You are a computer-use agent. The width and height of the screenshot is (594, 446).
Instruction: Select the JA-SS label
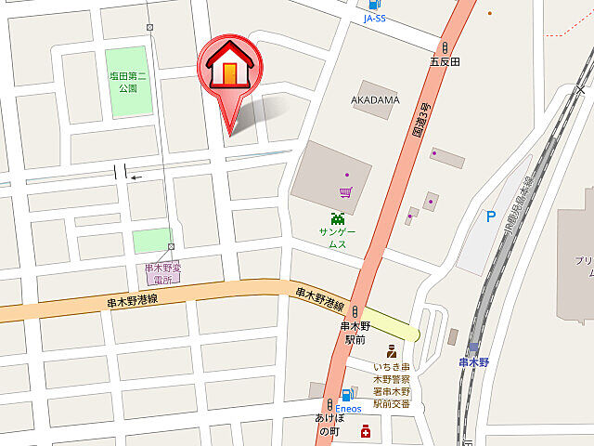pos(375,19)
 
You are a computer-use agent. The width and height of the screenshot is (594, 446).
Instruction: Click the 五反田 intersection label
pos(445,62)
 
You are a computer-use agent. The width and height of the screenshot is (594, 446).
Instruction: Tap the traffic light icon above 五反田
pos(445,47)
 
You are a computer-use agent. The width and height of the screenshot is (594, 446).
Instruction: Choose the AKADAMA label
pos(375,99)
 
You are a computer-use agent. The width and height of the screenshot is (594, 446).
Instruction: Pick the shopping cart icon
pos(345,193)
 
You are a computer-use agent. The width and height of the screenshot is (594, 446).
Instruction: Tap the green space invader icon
pos(338,218)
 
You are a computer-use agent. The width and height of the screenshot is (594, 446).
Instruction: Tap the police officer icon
pos(391,353)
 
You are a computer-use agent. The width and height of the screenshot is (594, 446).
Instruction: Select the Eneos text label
pos(347,409)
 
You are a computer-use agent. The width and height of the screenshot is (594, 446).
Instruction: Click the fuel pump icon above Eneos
pos(347,395)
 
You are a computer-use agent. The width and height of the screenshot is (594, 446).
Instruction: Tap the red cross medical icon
pos(366,431)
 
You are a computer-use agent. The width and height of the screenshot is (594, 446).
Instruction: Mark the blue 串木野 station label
pos(473,361)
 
